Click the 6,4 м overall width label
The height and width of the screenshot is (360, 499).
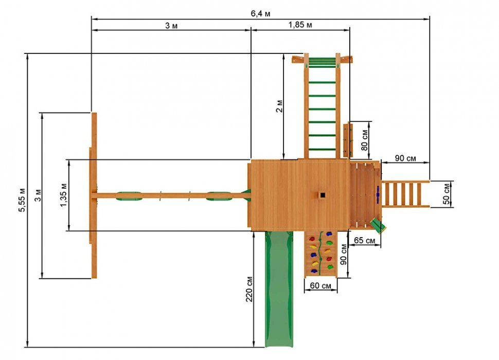pyautogui.click(x=261, y=14)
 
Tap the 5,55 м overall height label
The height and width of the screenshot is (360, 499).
pyautogui.click(x=22, y=200)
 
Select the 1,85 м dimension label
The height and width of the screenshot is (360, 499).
pyautogui.click(x=300, y=25)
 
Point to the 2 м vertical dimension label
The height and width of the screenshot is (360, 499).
pyautogui.click(x=279, y=106)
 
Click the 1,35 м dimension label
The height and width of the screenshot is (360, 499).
pyautogui.click(x=63, y=195)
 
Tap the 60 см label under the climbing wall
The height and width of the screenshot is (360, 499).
pyautogui.click(x=320, y=285)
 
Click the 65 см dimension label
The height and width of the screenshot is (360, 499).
pyautogui.click(x=364, y=240)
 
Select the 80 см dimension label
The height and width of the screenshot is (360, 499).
pyautogui.click(x=364, y=140)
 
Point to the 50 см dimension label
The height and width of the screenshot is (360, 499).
pyautogui.click(x=447, y=194)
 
